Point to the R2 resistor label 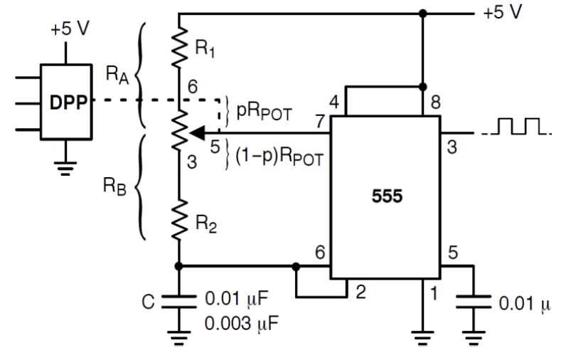coord(206,227)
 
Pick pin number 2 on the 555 coord(360,292)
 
